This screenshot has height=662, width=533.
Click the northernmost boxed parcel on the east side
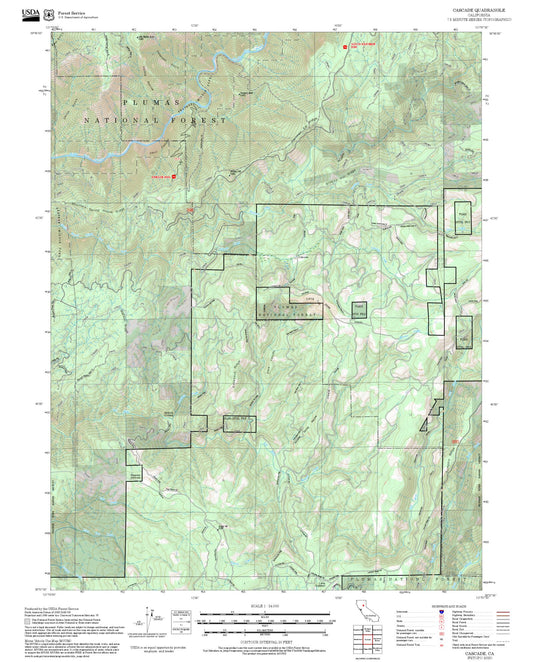(463, 220)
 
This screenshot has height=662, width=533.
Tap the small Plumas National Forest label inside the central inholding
(291, 305)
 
